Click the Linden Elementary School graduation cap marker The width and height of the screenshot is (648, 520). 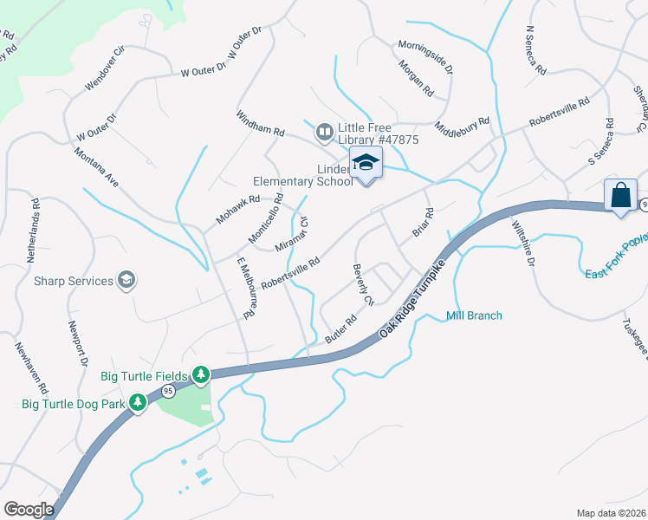pyautogui.click(x=366, y=163)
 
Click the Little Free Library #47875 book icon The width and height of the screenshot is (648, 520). pyautogui.click(x=325, y=133)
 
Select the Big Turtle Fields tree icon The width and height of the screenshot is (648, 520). pyautogui.click(x=201, y=374)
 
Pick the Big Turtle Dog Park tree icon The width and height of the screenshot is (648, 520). pyautogui.click(x=137, y=403)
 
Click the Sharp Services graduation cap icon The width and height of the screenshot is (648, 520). pyautogui.click(x=126, y=280)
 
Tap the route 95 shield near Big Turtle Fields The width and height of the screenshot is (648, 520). pyautogui.click(x=168, y=392)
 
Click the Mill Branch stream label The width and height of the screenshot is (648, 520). pyautogui.click(x=474, y=315)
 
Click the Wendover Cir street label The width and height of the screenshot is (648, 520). pyautogui.click(x=106, y=68)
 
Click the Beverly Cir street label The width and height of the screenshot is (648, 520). pyautogui.click(x=362, y=285)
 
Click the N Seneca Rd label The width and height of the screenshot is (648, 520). pyautogui.click(x=536, y=49)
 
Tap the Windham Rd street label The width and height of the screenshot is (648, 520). pyautogui.click(x=261, y=123)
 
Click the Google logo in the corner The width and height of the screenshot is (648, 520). pyautogui.click(x=29, y=510)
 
